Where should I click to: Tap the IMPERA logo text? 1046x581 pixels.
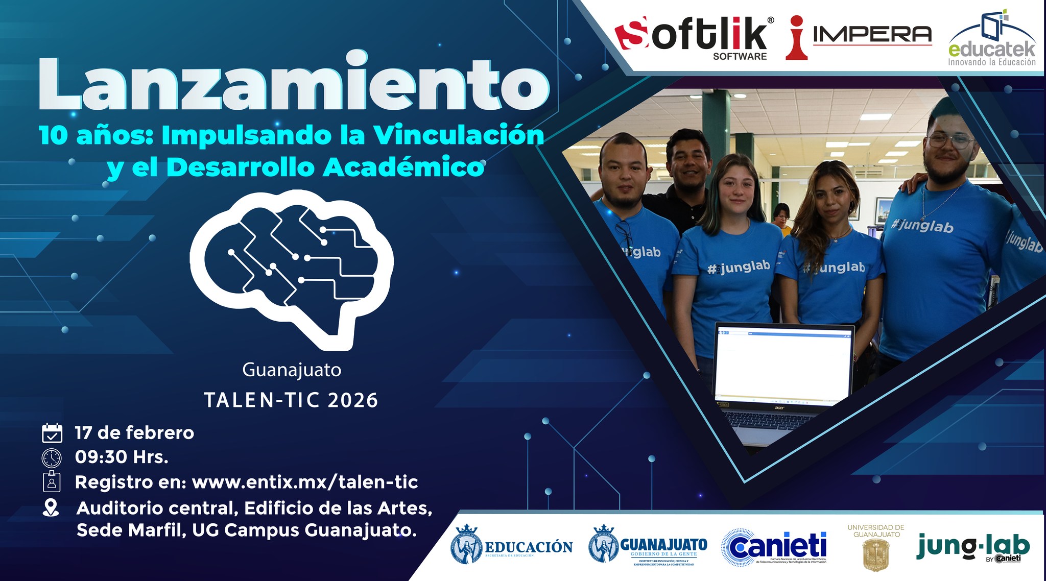point(871,35)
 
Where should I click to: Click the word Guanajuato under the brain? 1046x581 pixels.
point(292,370)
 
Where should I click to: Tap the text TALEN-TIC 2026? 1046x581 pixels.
point(291,400)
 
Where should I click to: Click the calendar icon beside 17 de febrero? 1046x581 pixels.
point(52,433)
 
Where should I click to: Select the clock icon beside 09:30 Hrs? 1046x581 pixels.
point(52,457)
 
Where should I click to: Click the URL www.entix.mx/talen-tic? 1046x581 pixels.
point(305,482)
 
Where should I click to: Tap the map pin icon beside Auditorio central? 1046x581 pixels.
point(51,508)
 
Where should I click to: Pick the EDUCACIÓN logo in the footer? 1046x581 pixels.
point(512,546)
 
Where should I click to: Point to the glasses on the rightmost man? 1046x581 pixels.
point(949,140)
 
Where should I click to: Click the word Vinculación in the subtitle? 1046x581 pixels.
point(458,135)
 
